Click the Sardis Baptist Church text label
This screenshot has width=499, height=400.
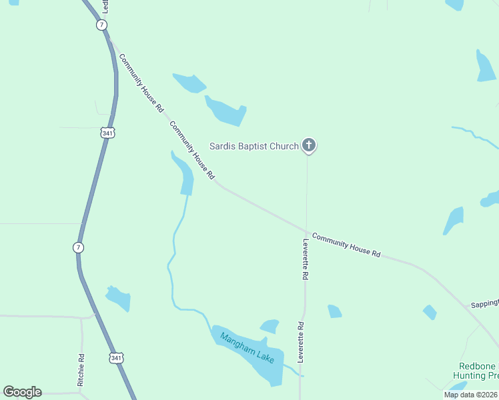254,146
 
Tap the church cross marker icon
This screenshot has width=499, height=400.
308,145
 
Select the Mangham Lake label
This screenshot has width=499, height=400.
247,347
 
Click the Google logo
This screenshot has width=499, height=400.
22,392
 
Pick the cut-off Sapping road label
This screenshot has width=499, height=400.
484,303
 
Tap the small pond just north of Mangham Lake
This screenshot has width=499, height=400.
270,326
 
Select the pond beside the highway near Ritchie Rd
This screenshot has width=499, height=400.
118,297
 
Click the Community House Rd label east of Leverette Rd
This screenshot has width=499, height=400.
346,245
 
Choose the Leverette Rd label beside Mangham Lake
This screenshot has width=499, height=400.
301,342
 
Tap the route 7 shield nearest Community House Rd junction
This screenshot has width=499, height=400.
101,25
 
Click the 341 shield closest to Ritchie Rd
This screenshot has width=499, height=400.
117,359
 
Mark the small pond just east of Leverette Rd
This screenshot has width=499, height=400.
334,311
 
